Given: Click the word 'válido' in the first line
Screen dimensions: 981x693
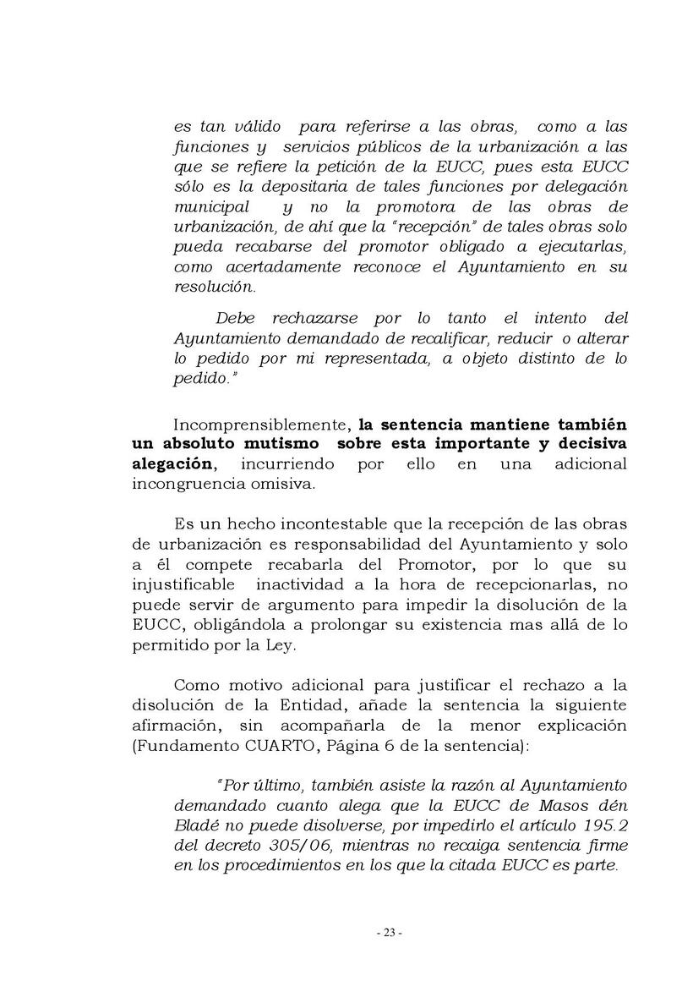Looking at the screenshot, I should click(258, 128).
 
